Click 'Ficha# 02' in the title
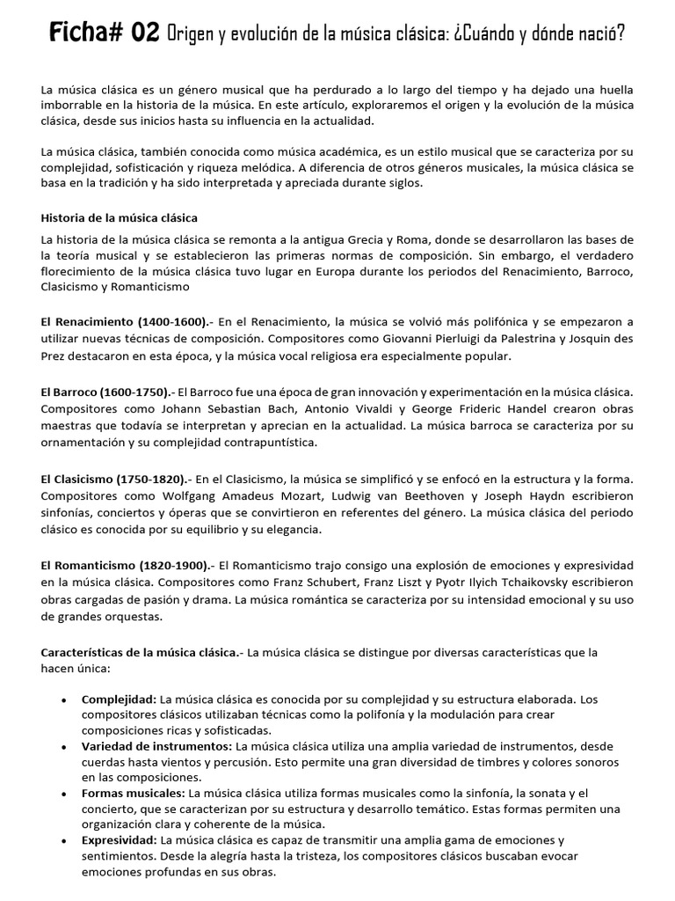(x=105, y=33)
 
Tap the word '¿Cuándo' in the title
(x=493, y=33)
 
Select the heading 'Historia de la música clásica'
(x=120, y=217)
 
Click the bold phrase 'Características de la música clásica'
(x=140, y=652)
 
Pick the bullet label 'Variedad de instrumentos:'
(x=152, y=746)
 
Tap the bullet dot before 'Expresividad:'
(x=63, y=841)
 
